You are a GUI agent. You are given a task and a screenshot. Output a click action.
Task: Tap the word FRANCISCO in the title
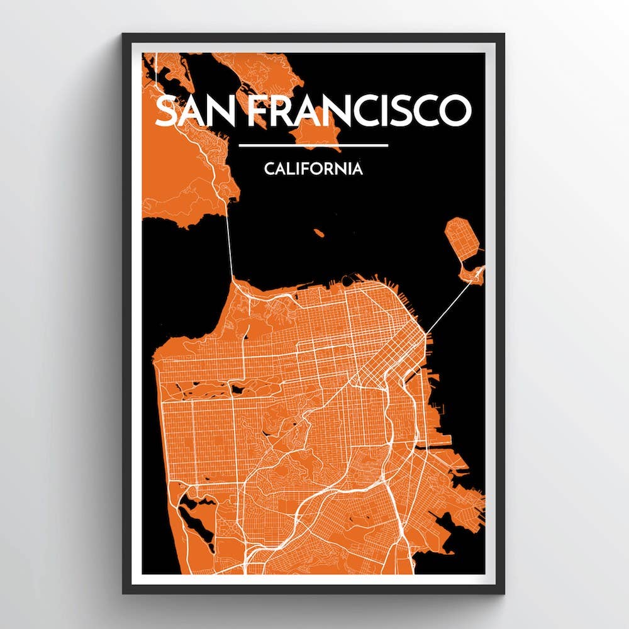coord(359,111)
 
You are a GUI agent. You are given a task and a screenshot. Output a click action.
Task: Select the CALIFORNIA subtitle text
coord(313,169)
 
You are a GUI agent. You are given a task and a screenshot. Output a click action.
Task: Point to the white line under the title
coord(313,146)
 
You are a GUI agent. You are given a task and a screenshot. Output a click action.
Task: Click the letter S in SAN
coord(165,111)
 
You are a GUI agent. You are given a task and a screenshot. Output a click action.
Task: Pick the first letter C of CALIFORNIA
coord(269,169)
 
